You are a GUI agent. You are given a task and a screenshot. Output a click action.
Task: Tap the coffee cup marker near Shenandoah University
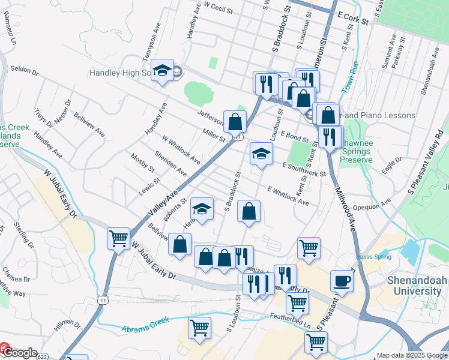pos(342,280)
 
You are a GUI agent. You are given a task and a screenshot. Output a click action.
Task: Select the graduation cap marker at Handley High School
pos(162,71)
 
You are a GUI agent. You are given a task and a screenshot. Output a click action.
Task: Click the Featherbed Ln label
pos(291,323)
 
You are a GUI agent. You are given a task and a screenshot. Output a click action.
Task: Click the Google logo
pos(19,353)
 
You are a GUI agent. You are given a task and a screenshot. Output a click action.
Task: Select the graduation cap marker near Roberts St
pos(202,210)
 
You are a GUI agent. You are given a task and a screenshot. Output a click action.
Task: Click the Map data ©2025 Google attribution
pos(411,355)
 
